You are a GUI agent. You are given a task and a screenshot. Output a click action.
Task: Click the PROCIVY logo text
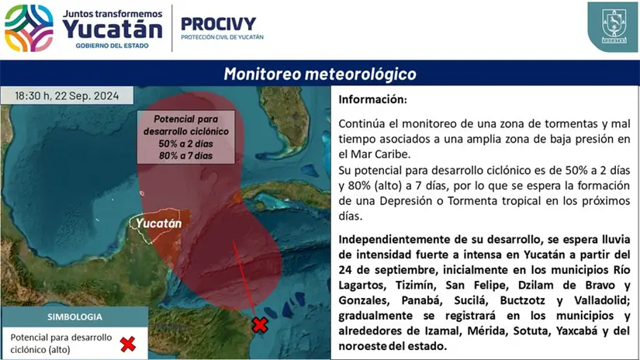218,24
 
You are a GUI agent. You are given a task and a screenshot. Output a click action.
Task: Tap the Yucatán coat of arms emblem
614,26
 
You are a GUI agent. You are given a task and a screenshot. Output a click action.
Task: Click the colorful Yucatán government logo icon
29,28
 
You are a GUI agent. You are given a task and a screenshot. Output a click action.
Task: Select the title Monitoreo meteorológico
320,74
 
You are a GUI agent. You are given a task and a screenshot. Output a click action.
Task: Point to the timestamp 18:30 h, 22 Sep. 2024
67,95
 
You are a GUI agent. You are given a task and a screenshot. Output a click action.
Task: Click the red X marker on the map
260,325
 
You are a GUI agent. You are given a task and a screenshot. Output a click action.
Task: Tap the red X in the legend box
128,344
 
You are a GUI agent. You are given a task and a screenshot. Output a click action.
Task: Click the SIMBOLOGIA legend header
74,317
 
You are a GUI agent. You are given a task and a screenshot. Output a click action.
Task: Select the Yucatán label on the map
158,223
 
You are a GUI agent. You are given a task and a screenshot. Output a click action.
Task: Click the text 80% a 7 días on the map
185,155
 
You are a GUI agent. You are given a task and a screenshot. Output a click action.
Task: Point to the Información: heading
372,99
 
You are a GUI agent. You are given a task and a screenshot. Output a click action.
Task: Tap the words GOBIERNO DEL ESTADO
112,46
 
